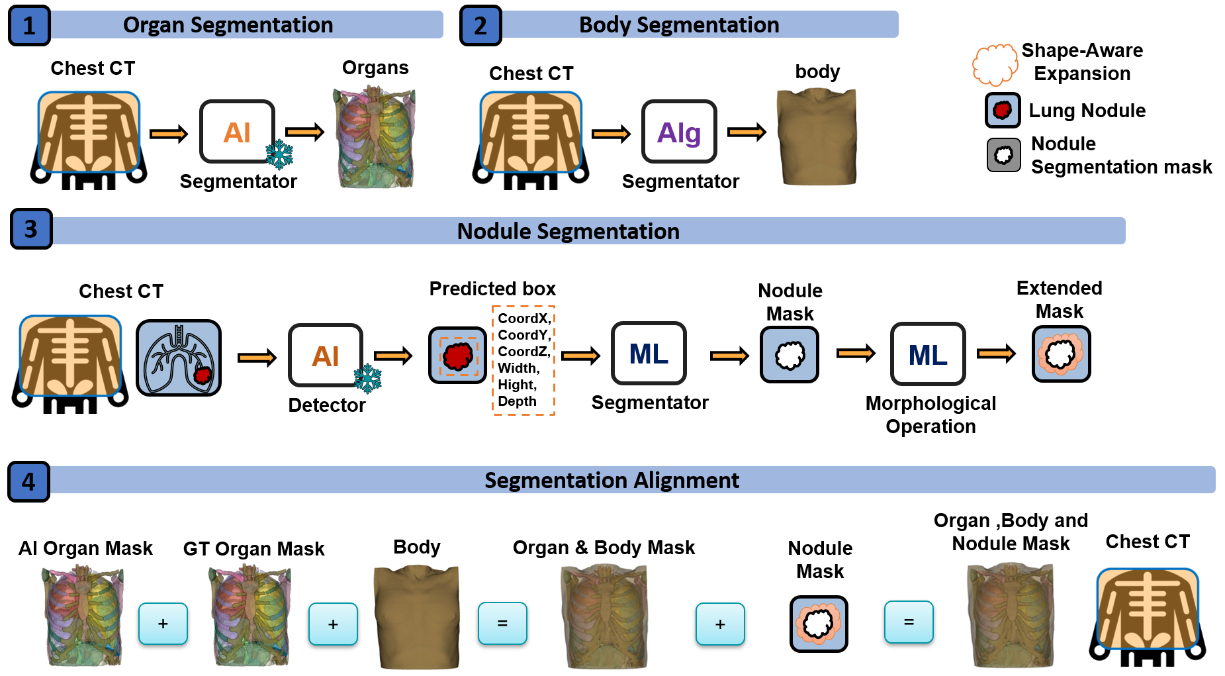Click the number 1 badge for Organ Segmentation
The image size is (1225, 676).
pos(29,26)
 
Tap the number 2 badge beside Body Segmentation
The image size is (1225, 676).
pos(480,26)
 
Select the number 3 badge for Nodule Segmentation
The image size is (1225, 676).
pos(30,229)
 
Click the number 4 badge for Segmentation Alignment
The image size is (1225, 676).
pos(28,481)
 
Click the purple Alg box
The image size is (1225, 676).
pos(679,132)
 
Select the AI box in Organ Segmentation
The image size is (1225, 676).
pos(237,132)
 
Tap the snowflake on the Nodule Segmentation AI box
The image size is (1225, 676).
pos(367,378)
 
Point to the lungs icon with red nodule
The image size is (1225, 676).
pos(179,358)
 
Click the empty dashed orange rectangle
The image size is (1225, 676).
pos(523,360)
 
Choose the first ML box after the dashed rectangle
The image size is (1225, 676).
pos(649,354)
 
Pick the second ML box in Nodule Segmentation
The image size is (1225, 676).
pos(928,354)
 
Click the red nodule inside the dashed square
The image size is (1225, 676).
pos(457,356)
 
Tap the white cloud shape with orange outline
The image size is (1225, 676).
pos(995,64)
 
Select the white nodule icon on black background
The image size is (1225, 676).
pos(1003,155)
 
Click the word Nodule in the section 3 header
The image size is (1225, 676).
pos(494,231)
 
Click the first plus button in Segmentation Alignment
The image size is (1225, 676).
pos(163,623)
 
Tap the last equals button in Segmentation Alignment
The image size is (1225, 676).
pos(909,622)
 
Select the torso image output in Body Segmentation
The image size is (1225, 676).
pos(818,137)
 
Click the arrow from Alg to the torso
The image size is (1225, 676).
pos(746,132)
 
